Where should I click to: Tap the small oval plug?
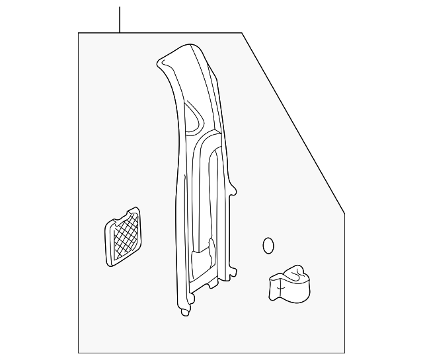click(x=268, y=245)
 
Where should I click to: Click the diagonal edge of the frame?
click(x=294, y=123)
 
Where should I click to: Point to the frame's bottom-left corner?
click(x=79, y=353)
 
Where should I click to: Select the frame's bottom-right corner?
click(x=345, y=353)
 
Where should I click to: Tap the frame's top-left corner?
click(x=79, y=33)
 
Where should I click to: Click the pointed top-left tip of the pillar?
click(x=159, y=63)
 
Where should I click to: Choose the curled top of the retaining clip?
click(x=297, y=269)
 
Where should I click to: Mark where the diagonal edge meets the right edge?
click(x=345, y=213)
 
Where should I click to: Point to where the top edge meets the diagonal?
click(x=243, y=33)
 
